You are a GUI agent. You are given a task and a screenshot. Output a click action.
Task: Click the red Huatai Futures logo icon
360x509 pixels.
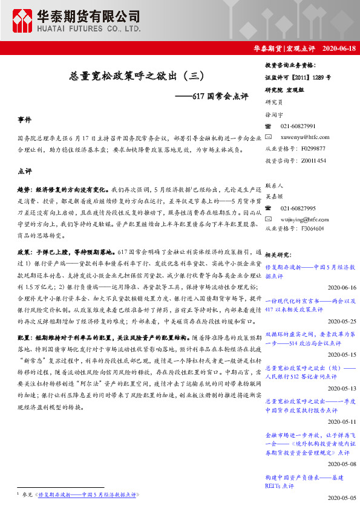[x=24, y=21]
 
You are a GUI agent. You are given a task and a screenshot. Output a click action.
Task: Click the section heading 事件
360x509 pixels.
[x=25, y=120]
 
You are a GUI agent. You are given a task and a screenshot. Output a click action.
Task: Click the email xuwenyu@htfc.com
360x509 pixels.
[x=305, y=137]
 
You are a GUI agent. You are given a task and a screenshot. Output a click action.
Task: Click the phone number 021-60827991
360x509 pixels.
[x=298, y=126]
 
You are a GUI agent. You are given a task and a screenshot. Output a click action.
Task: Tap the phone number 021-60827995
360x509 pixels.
[x=298, y=208]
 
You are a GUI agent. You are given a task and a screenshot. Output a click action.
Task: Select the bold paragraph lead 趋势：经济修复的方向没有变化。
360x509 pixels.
[x=65, y=189]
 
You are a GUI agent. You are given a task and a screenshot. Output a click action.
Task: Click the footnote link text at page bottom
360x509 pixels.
[x=88, y=494]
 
